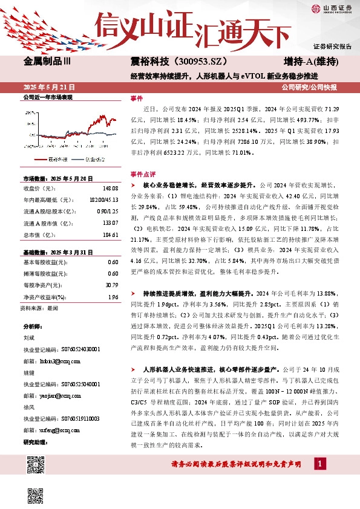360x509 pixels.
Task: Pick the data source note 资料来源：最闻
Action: point(39,308)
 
